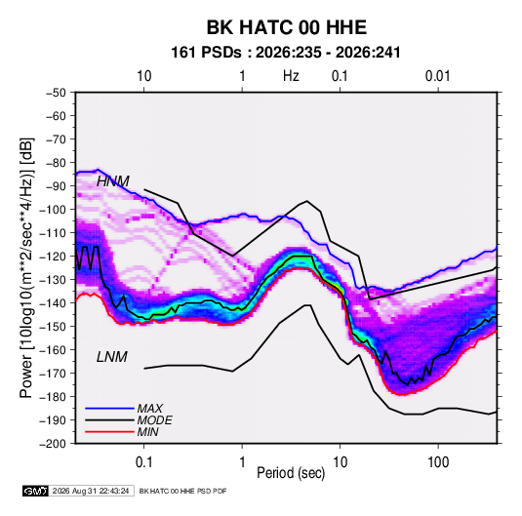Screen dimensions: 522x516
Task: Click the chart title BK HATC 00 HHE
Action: click(287, 27)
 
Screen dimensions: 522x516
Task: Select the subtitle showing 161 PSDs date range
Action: click(286, 53)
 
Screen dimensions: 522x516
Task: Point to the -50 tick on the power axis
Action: click(56, 93)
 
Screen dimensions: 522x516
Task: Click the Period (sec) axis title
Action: click(291, 473)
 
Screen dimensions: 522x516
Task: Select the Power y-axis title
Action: click(26, 268)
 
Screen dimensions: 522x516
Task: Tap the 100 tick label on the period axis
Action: click(438, 462)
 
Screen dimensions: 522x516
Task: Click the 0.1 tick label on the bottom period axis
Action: click(143, 462)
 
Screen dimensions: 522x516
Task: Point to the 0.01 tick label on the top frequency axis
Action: click(437, 76)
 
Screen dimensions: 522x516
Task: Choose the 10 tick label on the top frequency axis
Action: click(144, 76)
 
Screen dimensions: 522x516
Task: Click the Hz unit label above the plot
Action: click(291, 76)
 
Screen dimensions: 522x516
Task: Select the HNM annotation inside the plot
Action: click(113, 181)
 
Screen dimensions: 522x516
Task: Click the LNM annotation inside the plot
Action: click(112, 357)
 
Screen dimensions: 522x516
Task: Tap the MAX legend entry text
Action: click(150, 408)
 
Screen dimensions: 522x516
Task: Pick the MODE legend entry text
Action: click(154, 420)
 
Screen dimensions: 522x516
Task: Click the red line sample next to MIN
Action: click(109, 432)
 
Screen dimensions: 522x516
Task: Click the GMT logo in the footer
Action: click(35, 491)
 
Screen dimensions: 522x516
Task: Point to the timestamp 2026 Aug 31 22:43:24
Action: click(91, 491)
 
